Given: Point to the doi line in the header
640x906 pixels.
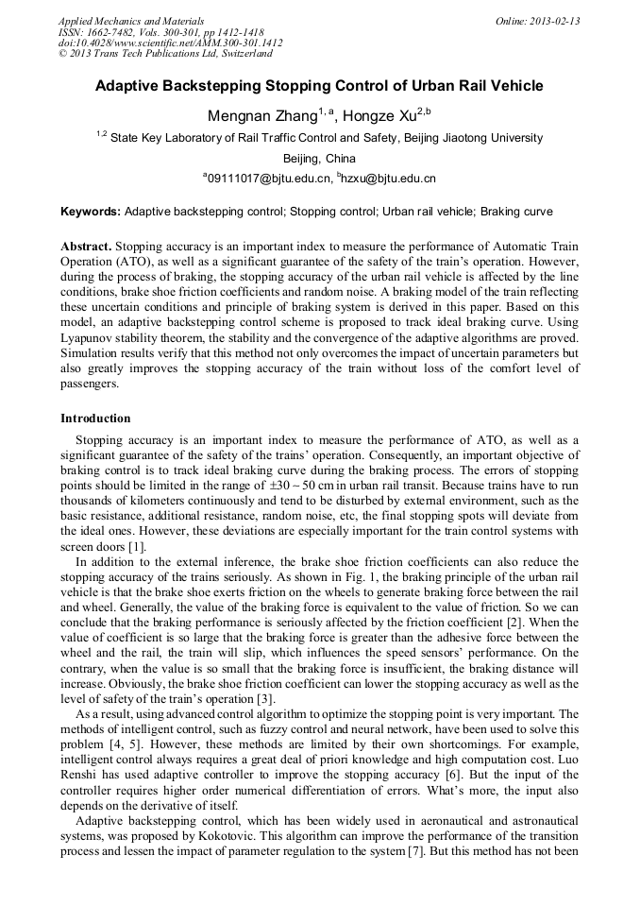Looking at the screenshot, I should (170, 43).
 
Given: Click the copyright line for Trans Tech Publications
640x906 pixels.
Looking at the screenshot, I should (166, 54).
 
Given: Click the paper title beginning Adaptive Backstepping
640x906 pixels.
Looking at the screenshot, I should (319, 86).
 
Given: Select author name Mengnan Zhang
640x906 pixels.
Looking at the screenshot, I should (261, 116).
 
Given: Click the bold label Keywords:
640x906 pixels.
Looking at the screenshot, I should (91, 212).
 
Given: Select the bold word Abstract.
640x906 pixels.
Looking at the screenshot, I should (86, 244).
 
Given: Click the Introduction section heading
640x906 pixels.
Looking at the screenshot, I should (95, 418).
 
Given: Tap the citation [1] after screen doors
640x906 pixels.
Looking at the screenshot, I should (138, 546).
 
